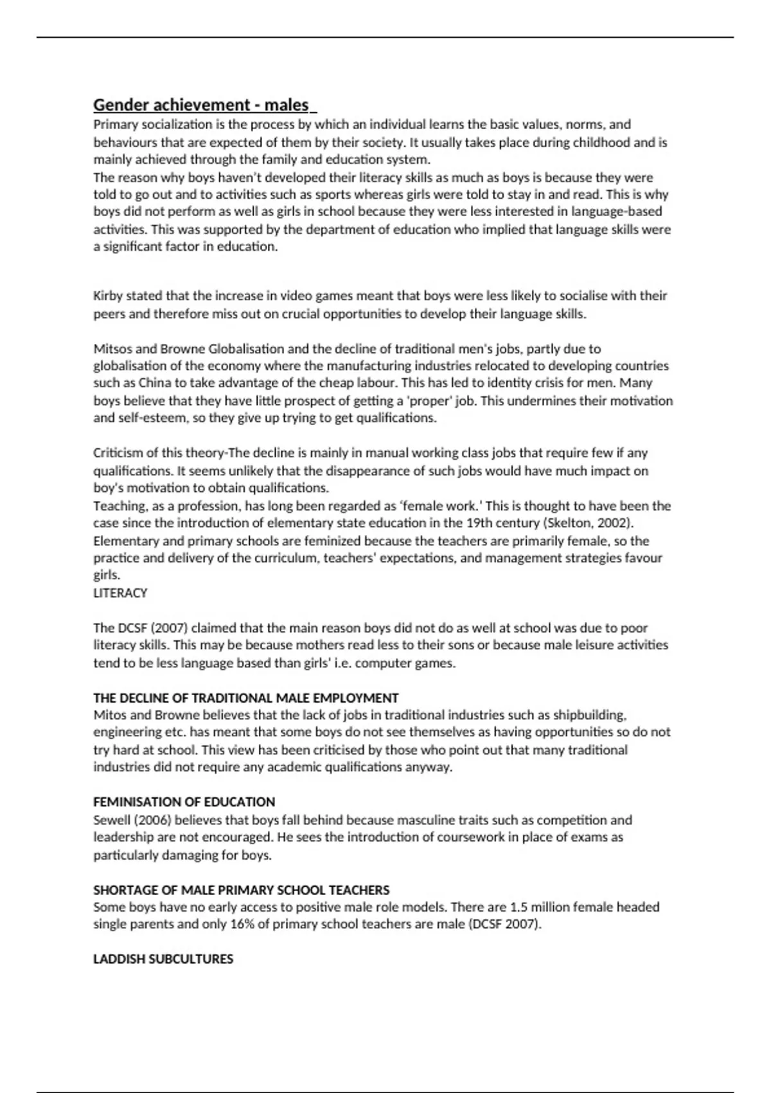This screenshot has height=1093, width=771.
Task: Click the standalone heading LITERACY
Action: (x=120, y=593)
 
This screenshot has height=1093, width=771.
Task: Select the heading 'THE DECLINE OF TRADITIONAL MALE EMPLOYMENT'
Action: (x=246, y=698)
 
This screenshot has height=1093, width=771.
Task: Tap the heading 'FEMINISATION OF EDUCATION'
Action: (x=184, y=802)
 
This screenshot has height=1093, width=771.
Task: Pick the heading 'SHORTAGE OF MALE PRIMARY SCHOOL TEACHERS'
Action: (x=242, y=890)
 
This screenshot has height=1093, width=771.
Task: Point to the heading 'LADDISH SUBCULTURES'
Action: (x=163, y=959)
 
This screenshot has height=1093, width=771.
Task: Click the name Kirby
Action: (x=107, y=296)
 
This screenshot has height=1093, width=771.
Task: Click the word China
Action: (x=155, y=383)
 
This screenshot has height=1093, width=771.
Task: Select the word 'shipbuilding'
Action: (x=588, y=715)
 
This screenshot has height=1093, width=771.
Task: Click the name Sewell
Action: (x=111, y=820)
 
